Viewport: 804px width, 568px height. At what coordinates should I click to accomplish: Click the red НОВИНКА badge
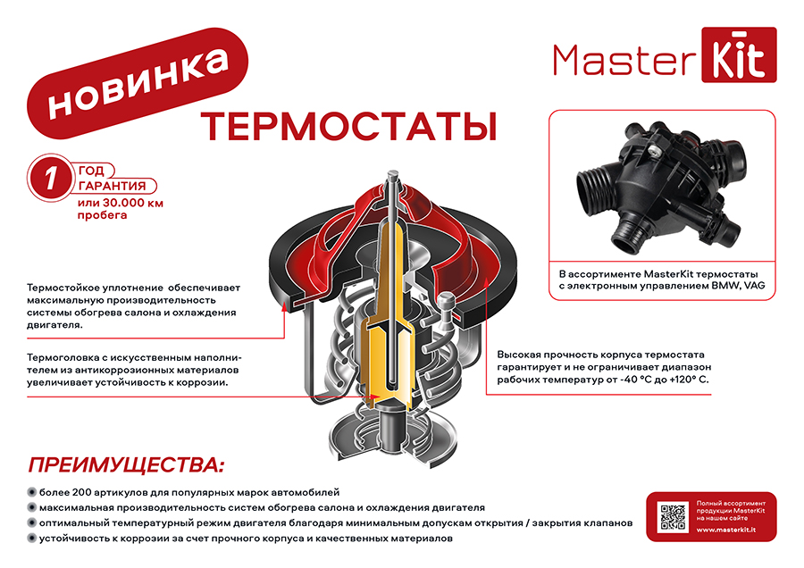pyautogui.click(x=138, y=83)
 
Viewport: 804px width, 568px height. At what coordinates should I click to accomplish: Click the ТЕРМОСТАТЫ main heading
pyautogui.click(x=348, y=126)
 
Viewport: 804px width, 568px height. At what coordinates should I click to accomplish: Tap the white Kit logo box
pyautogui.click(x=739, y=54)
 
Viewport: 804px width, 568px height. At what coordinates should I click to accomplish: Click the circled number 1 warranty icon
pyautogui.click(x=50, y=178)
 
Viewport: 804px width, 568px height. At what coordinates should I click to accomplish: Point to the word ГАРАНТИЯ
pyautogui.click(x=113, y=186)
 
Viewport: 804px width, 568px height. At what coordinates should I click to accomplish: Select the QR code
pyautogui.click(x=673, y=517)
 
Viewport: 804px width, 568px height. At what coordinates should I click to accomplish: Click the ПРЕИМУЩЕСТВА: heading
pyautogui.click(x=126, y=465)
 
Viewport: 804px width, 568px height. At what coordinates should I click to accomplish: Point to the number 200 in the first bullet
pyautogui.click(x=81, y=493)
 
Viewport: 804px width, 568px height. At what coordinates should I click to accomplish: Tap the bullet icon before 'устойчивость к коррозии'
pyautogui.click(x=32, y=539)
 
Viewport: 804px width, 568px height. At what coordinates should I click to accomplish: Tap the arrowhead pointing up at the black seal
pyautogui.click(x=284, y=307)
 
